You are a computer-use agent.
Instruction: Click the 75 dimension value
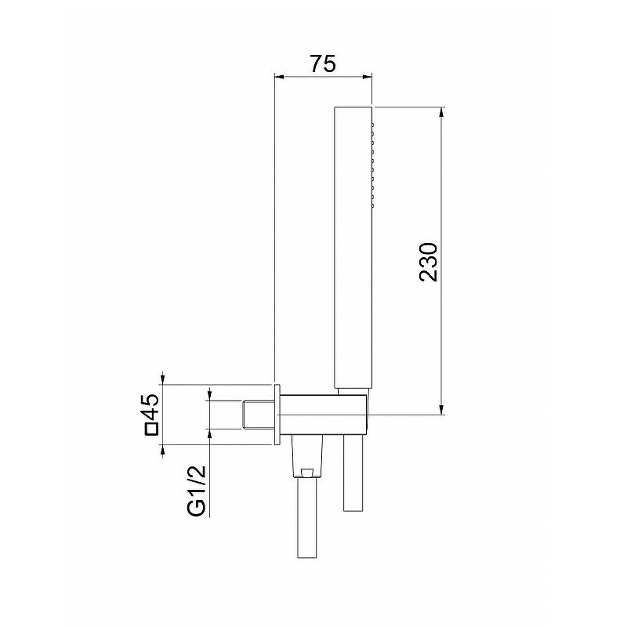(x=324, y=64)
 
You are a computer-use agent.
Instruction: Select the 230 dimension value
(x=429, y=263)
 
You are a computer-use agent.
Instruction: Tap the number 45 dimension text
(x=151, y=406)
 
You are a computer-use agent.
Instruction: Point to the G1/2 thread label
(x=197, y=491)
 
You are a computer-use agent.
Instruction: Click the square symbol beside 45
(x=152, y=429)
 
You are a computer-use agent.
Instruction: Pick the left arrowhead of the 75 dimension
(x=279, y=77)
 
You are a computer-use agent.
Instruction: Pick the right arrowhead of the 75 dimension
(x=367, y=77)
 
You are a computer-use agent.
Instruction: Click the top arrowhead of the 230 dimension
(x=441, y=112)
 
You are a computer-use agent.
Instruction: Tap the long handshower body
(x=353, y=247)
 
